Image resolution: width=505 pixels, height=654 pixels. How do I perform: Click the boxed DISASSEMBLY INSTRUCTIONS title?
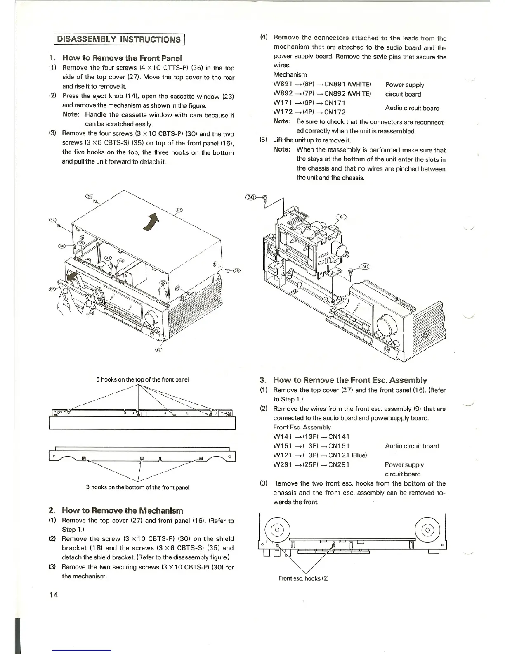pos(119,39)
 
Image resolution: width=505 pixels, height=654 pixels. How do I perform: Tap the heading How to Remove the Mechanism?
pos(122,511)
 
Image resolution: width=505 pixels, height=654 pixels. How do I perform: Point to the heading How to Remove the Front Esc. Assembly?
pos(350,380)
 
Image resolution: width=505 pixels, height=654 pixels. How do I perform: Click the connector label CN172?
pos(335,112)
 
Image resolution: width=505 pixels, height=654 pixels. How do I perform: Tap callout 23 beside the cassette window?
pos(52,289)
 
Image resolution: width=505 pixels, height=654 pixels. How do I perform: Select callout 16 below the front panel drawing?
pos(158,350)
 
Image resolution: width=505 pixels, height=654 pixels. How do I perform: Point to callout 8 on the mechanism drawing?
pos(342,217)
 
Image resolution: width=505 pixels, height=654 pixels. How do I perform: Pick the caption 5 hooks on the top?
pos(142,379)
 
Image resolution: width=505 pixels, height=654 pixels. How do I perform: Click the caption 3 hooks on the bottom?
pos(137,487)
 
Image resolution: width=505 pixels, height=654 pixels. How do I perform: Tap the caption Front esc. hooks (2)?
pos(303,578)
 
